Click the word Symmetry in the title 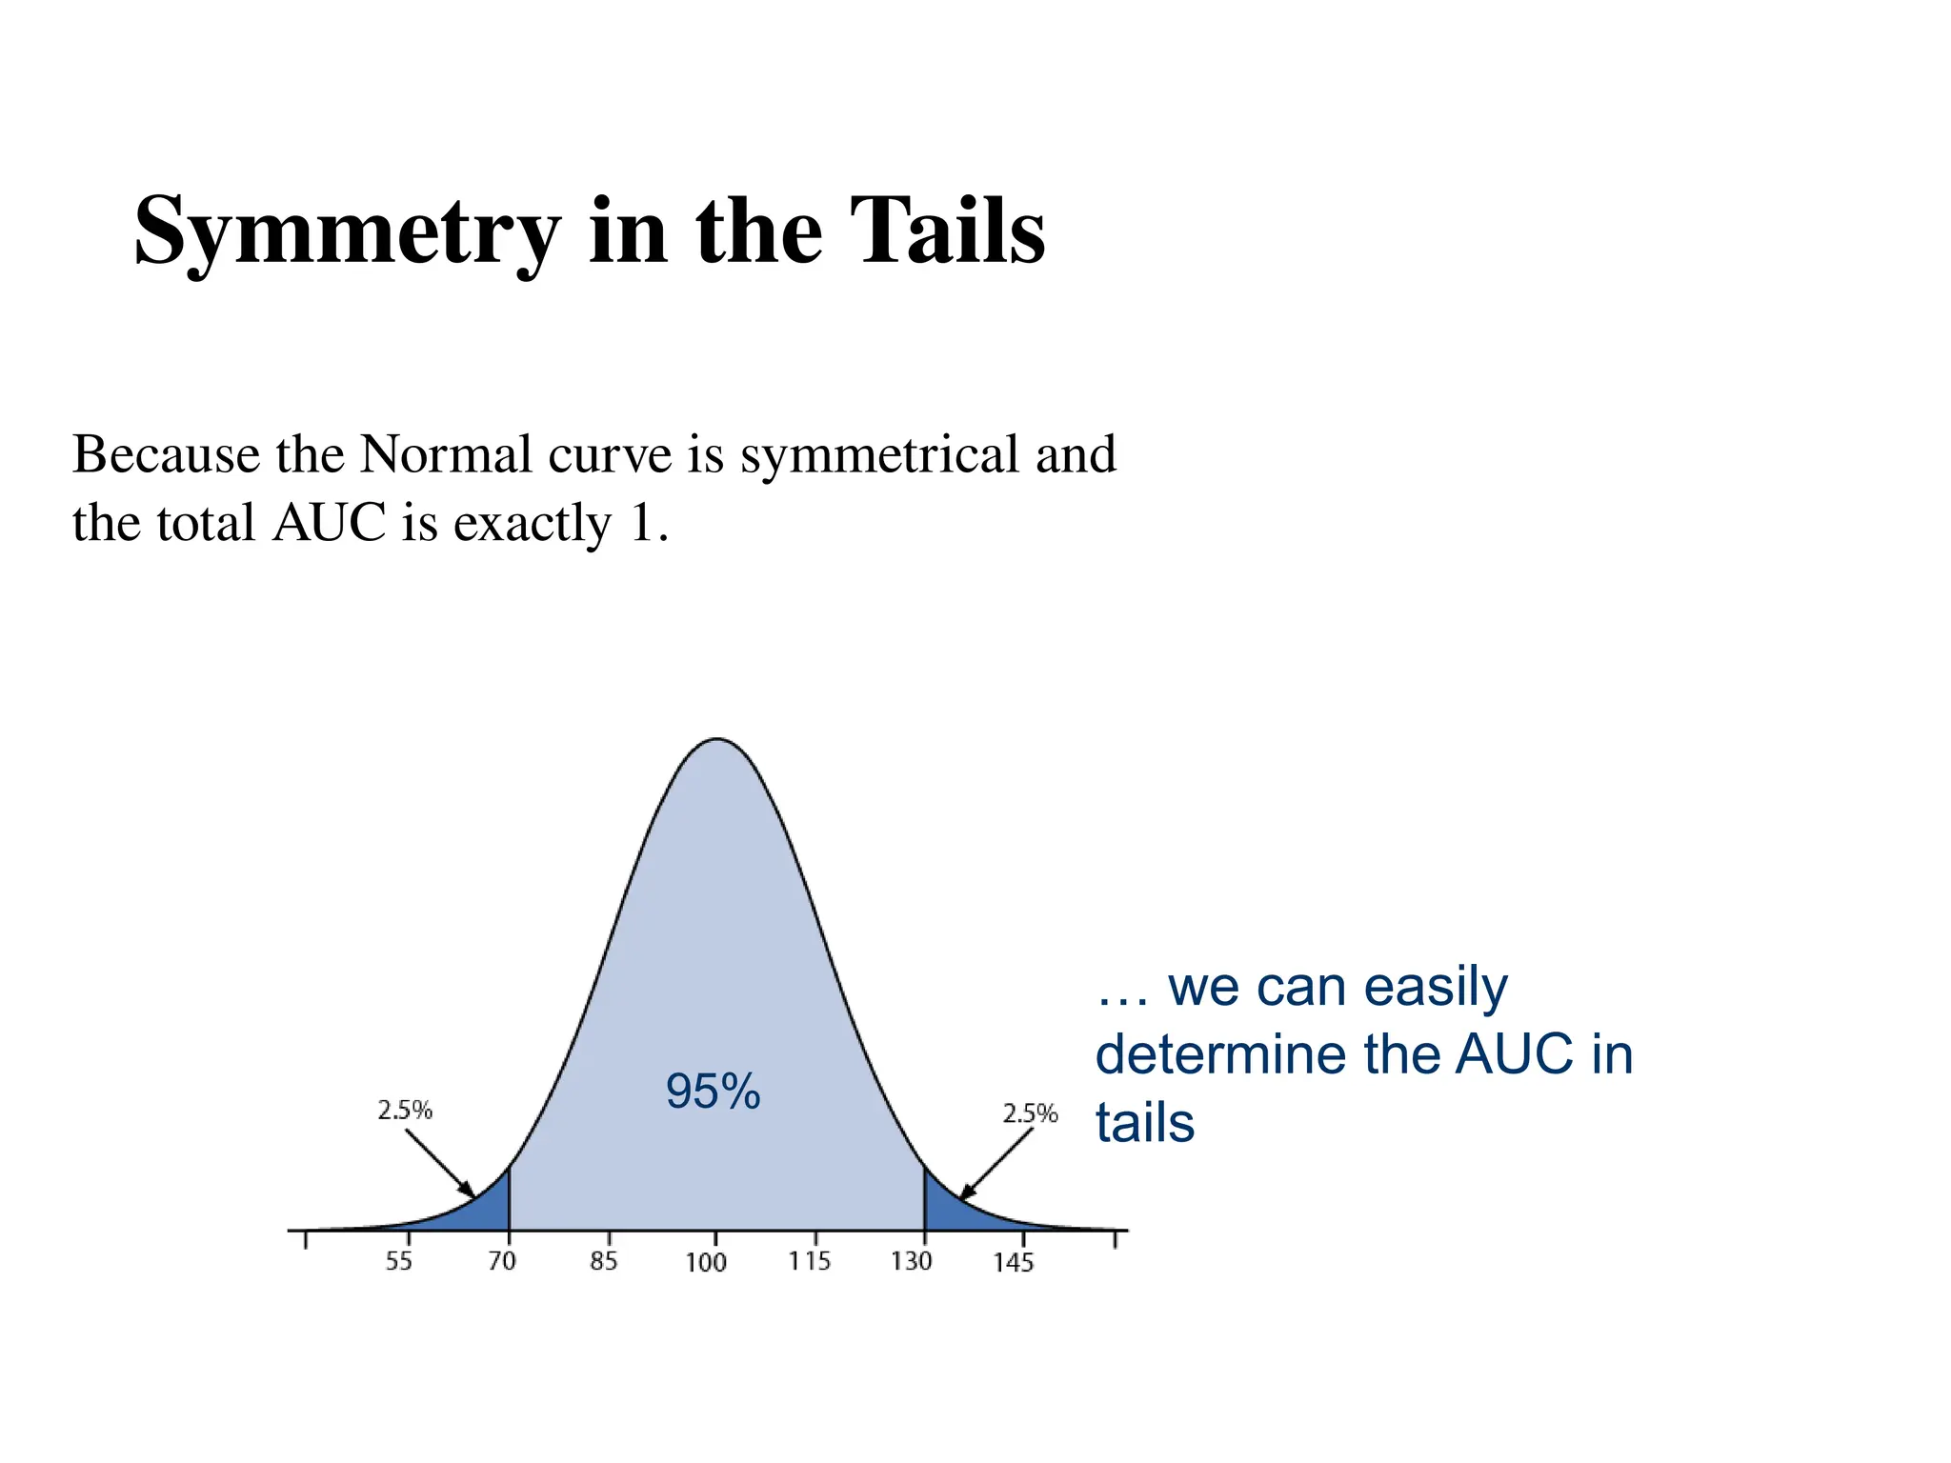pos(347,231)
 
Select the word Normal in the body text pos(446,454)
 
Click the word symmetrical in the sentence pos(880,454)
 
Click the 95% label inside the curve pos(713,1092)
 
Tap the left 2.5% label pos(405,1111)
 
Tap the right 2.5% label pos(1030,1113)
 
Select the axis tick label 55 pos(399,1261)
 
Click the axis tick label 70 pos(502,1261)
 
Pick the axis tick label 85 pos(604,1261)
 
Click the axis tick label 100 pos(706,1262)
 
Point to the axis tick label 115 pos(810,1261)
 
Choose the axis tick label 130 pos(912,1261)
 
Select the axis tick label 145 pos(1014,1262)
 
